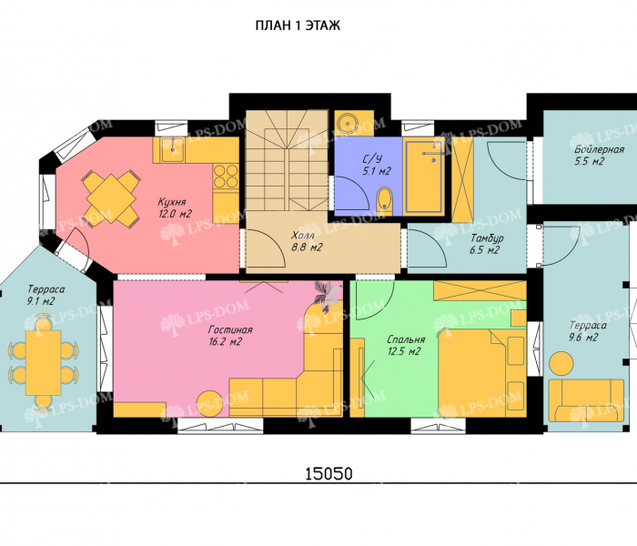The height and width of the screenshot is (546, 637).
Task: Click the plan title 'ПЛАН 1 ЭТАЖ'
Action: [298, 25]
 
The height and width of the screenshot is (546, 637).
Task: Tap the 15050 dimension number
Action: [329, 473]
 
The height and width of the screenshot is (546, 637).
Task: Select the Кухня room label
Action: [172, 202]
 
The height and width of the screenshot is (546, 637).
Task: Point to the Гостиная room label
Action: [230, 329]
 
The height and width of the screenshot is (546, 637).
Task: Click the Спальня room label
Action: [406, 339]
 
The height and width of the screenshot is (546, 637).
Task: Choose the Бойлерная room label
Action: [599, 149]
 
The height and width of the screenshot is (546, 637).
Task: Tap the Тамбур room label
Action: [487, 238]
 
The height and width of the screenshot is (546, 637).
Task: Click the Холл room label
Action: [303, 235]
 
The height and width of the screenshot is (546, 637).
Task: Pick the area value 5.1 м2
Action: [377, 171]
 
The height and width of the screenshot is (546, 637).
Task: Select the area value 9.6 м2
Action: [583, 338]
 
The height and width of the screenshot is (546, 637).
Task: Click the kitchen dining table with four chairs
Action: [110, 197]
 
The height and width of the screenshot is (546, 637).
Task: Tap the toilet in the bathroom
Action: [384, 200]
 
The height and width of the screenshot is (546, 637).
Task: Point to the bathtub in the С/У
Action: [424, 177]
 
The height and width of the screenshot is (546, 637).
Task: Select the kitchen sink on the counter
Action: [172, 149]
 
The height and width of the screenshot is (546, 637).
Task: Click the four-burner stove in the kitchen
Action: [226, 176]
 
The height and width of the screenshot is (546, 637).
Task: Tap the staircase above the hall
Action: [288, 160]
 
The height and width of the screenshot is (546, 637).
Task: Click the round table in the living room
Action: [209, 404]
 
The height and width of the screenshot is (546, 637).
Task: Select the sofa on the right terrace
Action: [586, 401]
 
